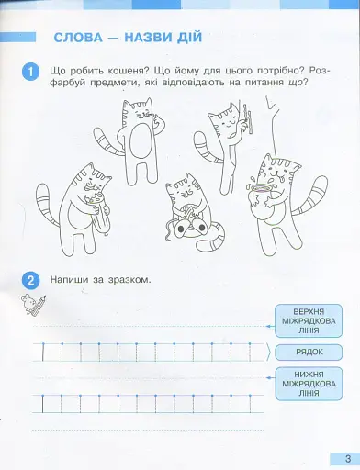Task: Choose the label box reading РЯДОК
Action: [x=307, y=352]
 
